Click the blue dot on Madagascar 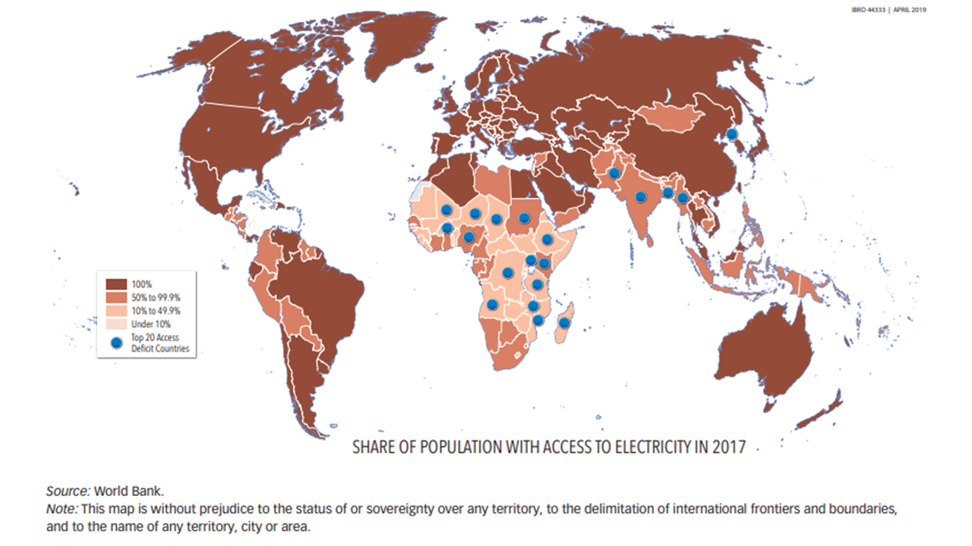tap(563, 323)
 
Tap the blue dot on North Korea tap(731, 134)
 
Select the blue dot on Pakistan tap(614, 174)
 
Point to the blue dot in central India tap(640, 197)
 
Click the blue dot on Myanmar tap(683, 199)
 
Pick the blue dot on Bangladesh tap(667, 193)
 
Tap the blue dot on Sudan tap(524, 218)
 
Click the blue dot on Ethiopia tap(547, 240)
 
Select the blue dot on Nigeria tap(469, 237)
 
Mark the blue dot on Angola tap(492, 305)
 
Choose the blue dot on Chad tap(496, 220)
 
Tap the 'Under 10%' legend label tap(151, 324)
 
